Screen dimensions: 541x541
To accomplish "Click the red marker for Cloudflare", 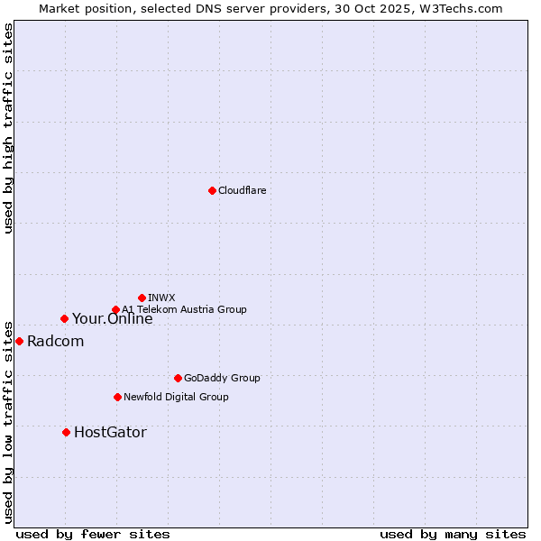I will point(212,190).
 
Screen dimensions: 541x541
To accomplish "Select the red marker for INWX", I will point(142,298).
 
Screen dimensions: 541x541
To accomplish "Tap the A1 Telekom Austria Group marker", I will point(115,310).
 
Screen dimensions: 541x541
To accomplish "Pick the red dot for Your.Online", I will point(64,318).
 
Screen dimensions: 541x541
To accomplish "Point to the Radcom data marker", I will point(19,341).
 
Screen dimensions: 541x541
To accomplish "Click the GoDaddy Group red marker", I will point(178,378).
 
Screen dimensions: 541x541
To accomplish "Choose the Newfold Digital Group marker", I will point(117,397).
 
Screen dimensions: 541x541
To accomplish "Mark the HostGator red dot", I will point(66,432).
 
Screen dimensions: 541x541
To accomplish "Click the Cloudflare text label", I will point(243,190).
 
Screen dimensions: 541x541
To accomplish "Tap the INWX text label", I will point(161,298).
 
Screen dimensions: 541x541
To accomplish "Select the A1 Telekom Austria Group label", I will point(184,309).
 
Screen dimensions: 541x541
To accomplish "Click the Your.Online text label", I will point(112,318).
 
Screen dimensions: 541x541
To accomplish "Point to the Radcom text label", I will point(55,341).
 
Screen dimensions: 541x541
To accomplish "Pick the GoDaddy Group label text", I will point(222,378).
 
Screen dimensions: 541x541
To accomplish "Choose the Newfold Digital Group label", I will point(176,397).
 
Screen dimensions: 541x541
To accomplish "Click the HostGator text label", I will point(110,432).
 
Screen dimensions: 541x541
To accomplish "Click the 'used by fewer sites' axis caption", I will point(93,534).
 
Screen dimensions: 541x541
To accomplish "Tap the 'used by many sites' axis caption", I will point(453,534).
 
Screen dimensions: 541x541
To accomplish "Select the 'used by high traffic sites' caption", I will point(9,127).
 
